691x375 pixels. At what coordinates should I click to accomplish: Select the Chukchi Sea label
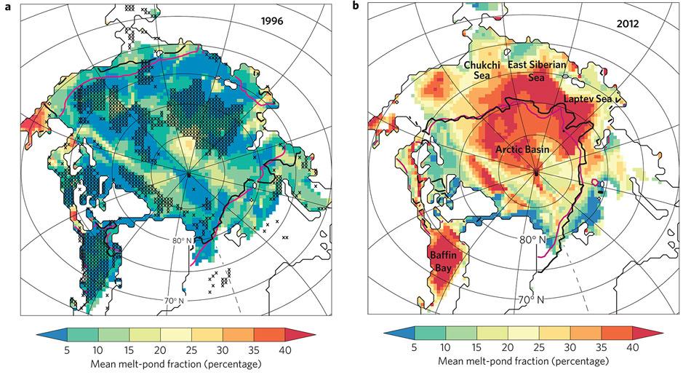(481, 71)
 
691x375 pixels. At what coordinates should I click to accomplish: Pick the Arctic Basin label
(522, 149)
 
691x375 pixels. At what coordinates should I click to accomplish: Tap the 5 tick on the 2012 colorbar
(415, 349)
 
